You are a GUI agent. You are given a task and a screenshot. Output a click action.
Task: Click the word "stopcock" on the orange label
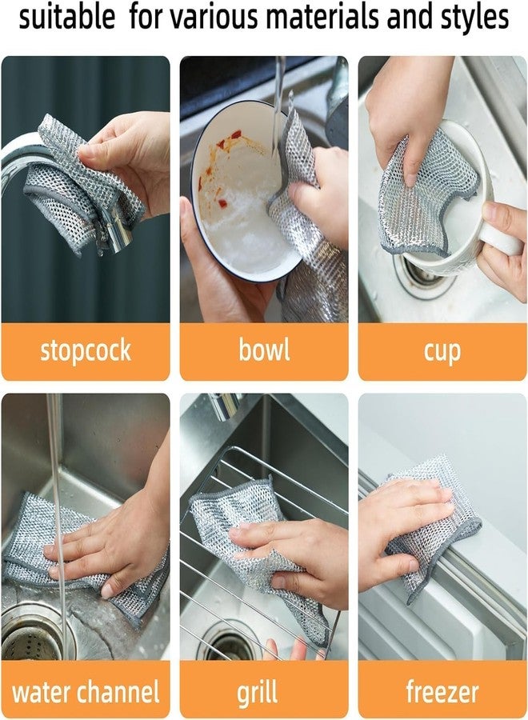86,350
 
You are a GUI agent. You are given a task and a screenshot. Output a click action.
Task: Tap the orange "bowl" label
263,350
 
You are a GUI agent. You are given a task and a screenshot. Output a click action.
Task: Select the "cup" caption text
442,350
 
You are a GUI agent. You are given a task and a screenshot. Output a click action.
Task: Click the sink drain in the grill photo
228,644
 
